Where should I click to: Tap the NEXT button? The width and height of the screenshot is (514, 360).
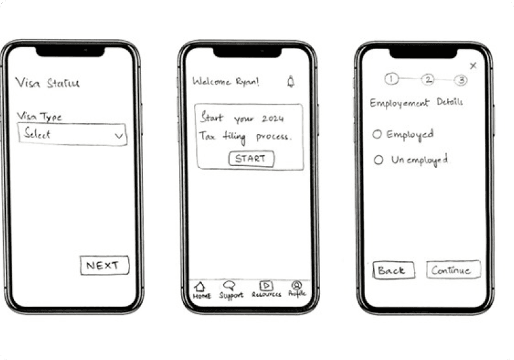(105, 265)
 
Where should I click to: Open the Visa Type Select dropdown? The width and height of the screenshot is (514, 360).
(72, 134)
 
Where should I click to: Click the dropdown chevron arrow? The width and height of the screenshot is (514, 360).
(119, 135)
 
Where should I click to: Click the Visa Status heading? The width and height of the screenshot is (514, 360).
(47, 83)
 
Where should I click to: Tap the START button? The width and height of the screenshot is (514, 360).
(251, 159)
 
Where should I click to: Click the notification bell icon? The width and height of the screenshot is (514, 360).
(291, 82)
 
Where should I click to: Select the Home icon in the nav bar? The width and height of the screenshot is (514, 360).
(200, 287)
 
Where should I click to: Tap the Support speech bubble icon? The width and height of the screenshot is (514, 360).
(229, 285)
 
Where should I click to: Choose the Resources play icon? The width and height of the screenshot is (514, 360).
(266, 285)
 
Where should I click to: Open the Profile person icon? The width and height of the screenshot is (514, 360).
(297, 285)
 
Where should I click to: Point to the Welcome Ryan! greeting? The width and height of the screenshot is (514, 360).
(226, 82)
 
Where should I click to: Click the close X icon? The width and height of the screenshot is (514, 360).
(473, 66)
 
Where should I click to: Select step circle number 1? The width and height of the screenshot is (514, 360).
(392, 79)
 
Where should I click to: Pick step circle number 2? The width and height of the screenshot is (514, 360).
(428, 79)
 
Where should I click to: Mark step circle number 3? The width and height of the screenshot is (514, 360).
(461, 80)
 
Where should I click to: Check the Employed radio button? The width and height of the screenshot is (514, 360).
(377, 134)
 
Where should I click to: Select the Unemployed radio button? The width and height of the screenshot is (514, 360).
(378, 160)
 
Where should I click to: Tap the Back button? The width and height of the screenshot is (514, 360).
(393, 270)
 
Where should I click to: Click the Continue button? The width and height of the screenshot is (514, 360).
(453, 269)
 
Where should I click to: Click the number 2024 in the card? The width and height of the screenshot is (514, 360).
(273, 119)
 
